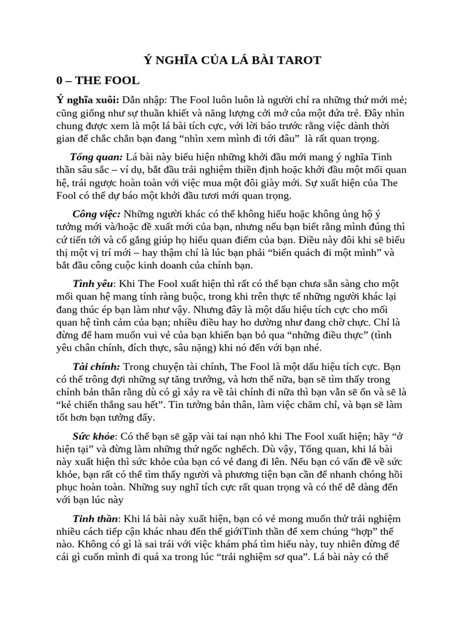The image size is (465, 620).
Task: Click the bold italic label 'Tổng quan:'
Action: tap(97, 157)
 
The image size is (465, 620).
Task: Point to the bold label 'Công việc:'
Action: tap(97, 214)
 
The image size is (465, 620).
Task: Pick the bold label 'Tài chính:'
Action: tap(97, 367)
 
